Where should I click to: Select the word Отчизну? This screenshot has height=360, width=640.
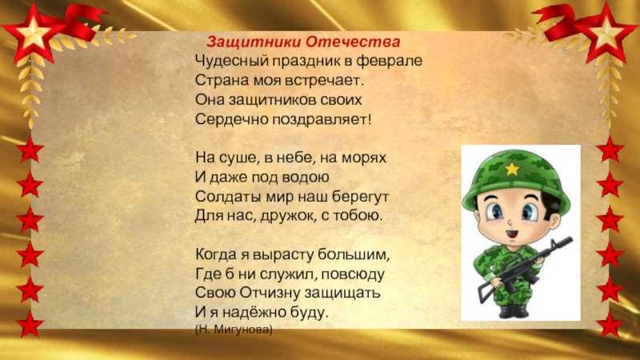tap(271, 293)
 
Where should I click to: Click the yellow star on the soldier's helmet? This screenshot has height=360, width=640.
tap(510, 168)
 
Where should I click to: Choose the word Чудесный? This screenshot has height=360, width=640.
tap(229, 61)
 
